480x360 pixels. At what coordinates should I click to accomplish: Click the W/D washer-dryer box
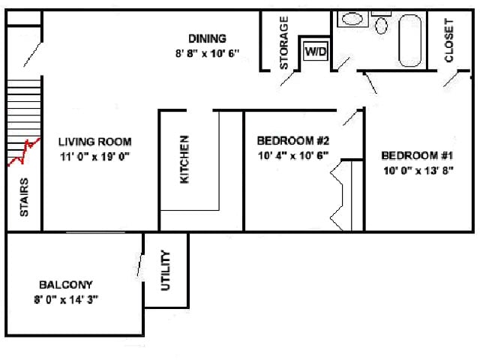316,52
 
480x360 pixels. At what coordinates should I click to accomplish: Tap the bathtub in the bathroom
410,40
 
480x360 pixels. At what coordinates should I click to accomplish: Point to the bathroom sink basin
352,19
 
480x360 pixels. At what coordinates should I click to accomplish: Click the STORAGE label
283,43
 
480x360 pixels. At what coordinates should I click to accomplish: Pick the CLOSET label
448,40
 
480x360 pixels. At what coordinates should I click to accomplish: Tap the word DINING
207,38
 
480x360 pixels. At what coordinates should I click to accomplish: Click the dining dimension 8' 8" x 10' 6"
207,53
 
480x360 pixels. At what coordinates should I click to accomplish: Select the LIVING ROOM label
95,142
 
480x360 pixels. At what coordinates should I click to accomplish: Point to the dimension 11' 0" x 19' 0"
95,157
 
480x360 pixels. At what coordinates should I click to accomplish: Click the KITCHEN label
184,160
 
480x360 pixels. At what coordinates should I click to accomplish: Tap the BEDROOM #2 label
293,141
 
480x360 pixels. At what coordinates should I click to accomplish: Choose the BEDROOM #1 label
417,155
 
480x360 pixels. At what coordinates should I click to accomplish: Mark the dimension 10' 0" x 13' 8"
418,170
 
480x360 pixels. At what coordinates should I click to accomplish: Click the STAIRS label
24,196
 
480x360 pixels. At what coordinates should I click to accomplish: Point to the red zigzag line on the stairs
23,152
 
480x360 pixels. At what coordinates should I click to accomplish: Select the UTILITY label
165,270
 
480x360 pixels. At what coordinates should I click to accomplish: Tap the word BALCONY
66,285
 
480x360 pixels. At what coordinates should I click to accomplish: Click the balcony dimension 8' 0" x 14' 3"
66,300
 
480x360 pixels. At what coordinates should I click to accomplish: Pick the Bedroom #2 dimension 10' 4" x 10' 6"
293,156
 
